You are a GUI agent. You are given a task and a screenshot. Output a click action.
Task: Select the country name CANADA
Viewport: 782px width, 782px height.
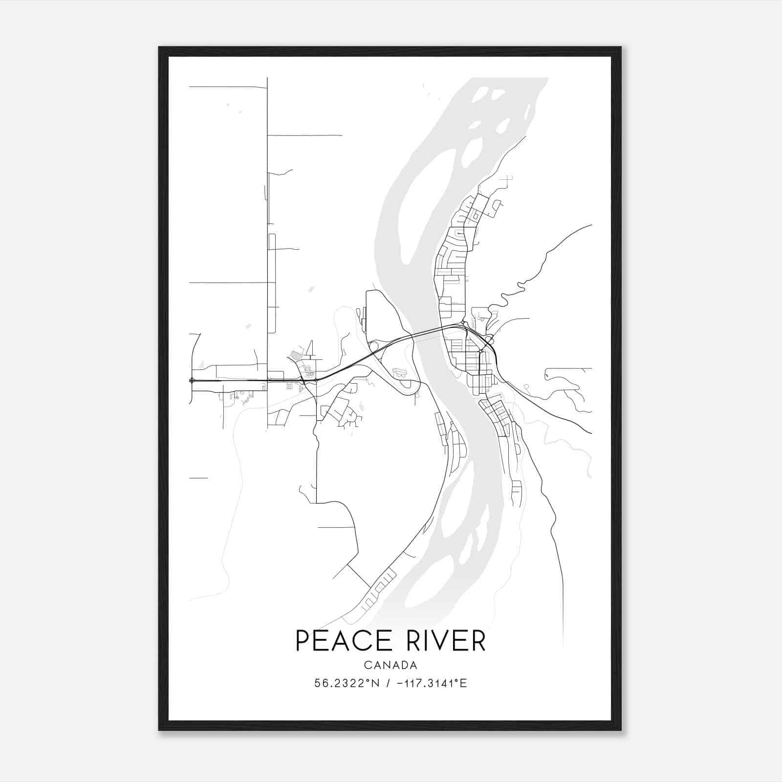coord(391,665)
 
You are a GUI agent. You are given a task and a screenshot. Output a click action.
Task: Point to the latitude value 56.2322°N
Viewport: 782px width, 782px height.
coord(346,683)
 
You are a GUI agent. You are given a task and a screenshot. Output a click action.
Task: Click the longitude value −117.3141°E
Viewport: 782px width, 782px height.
coord(432,683)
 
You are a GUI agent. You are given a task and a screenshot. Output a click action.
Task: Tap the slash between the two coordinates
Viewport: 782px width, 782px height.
coord(388,683)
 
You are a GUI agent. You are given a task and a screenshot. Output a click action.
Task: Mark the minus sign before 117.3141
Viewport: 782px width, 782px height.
coord(400,683)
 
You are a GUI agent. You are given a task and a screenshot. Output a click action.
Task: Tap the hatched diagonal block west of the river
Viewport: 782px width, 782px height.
coord(296,355)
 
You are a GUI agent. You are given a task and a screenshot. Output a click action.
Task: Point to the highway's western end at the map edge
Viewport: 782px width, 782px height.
coord(191,380)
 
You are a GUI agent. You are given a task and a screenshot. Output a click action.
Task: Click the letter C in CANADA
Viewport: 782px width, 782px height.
coord(367,665)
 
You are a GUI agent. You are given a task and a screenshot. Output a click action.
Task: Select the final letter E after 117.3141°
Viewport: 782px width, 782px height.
coord(464,683)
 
